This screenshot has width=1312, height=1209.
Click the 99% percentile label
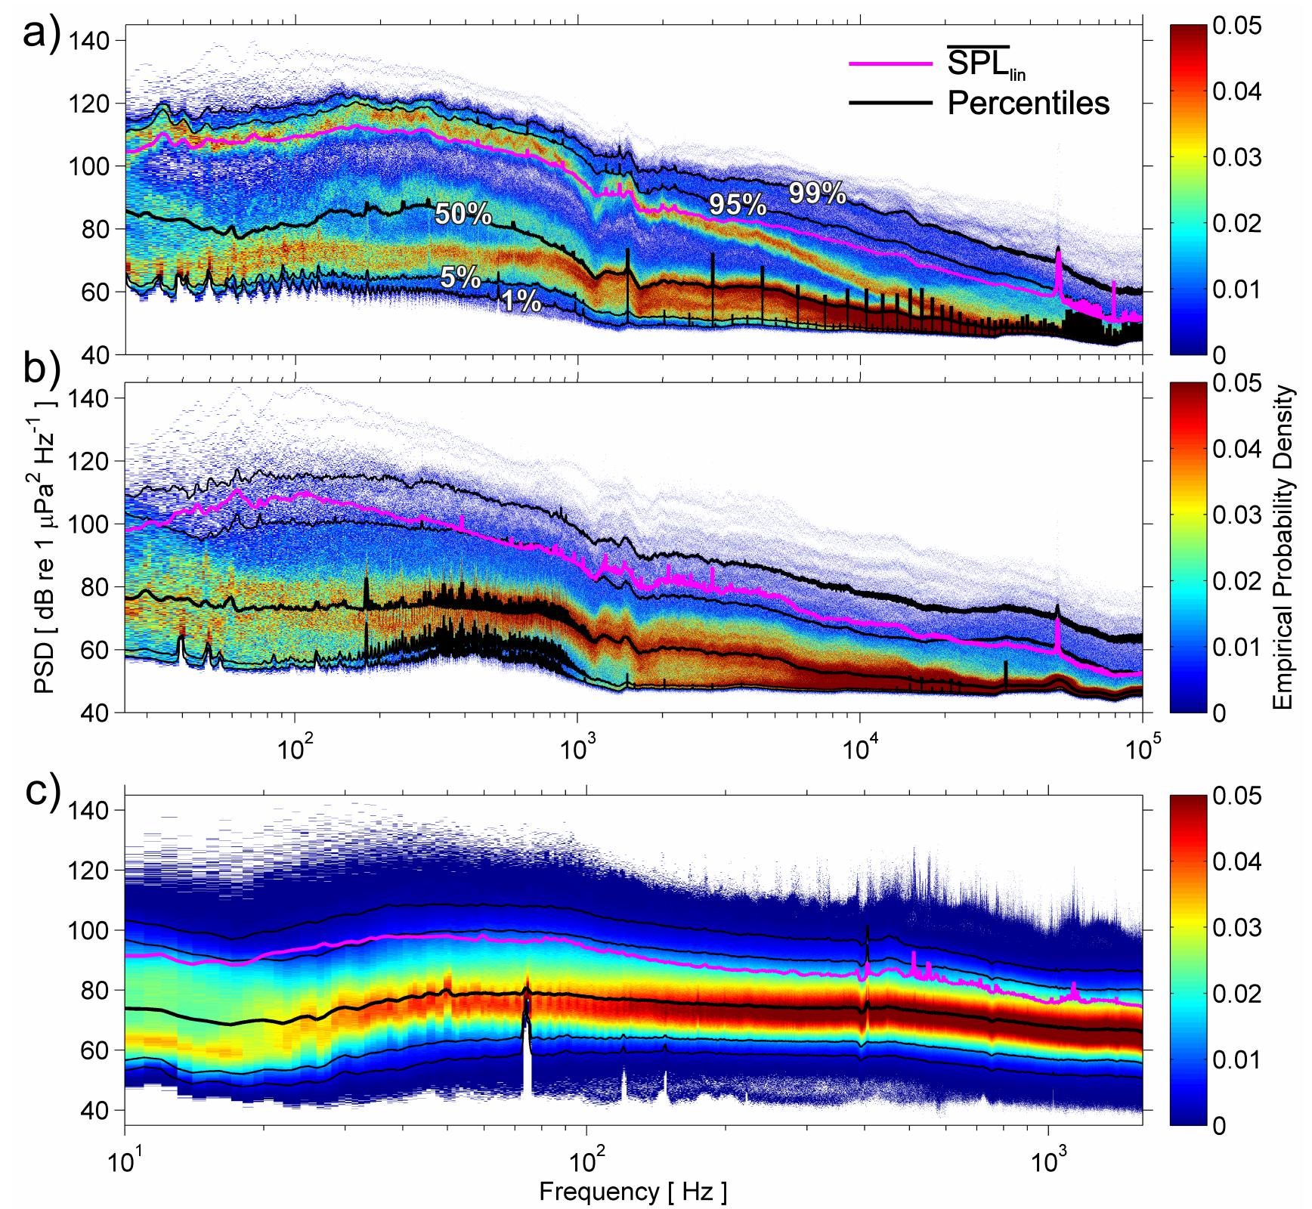pyautogui.click(x=818, y=194)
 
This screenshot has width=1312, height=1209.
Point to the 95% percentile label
pyautogui.click(x=737, y=204)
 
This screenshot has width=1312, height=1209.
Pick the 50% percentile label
pyautogui.click(x=463, y=215)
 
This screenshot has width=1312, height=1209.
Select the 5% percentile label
pyautogui.click(x=461, y=279)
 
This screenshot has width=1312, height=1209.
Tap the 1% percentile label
pyautogui.click(x=521, y=302)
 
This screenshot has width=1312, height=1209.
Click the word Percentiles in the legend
pyautogui.click(x=1029, y=104)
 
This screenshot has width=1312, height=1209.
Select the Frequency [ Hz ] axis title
pyautogui.click(x=633, y=1192)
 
